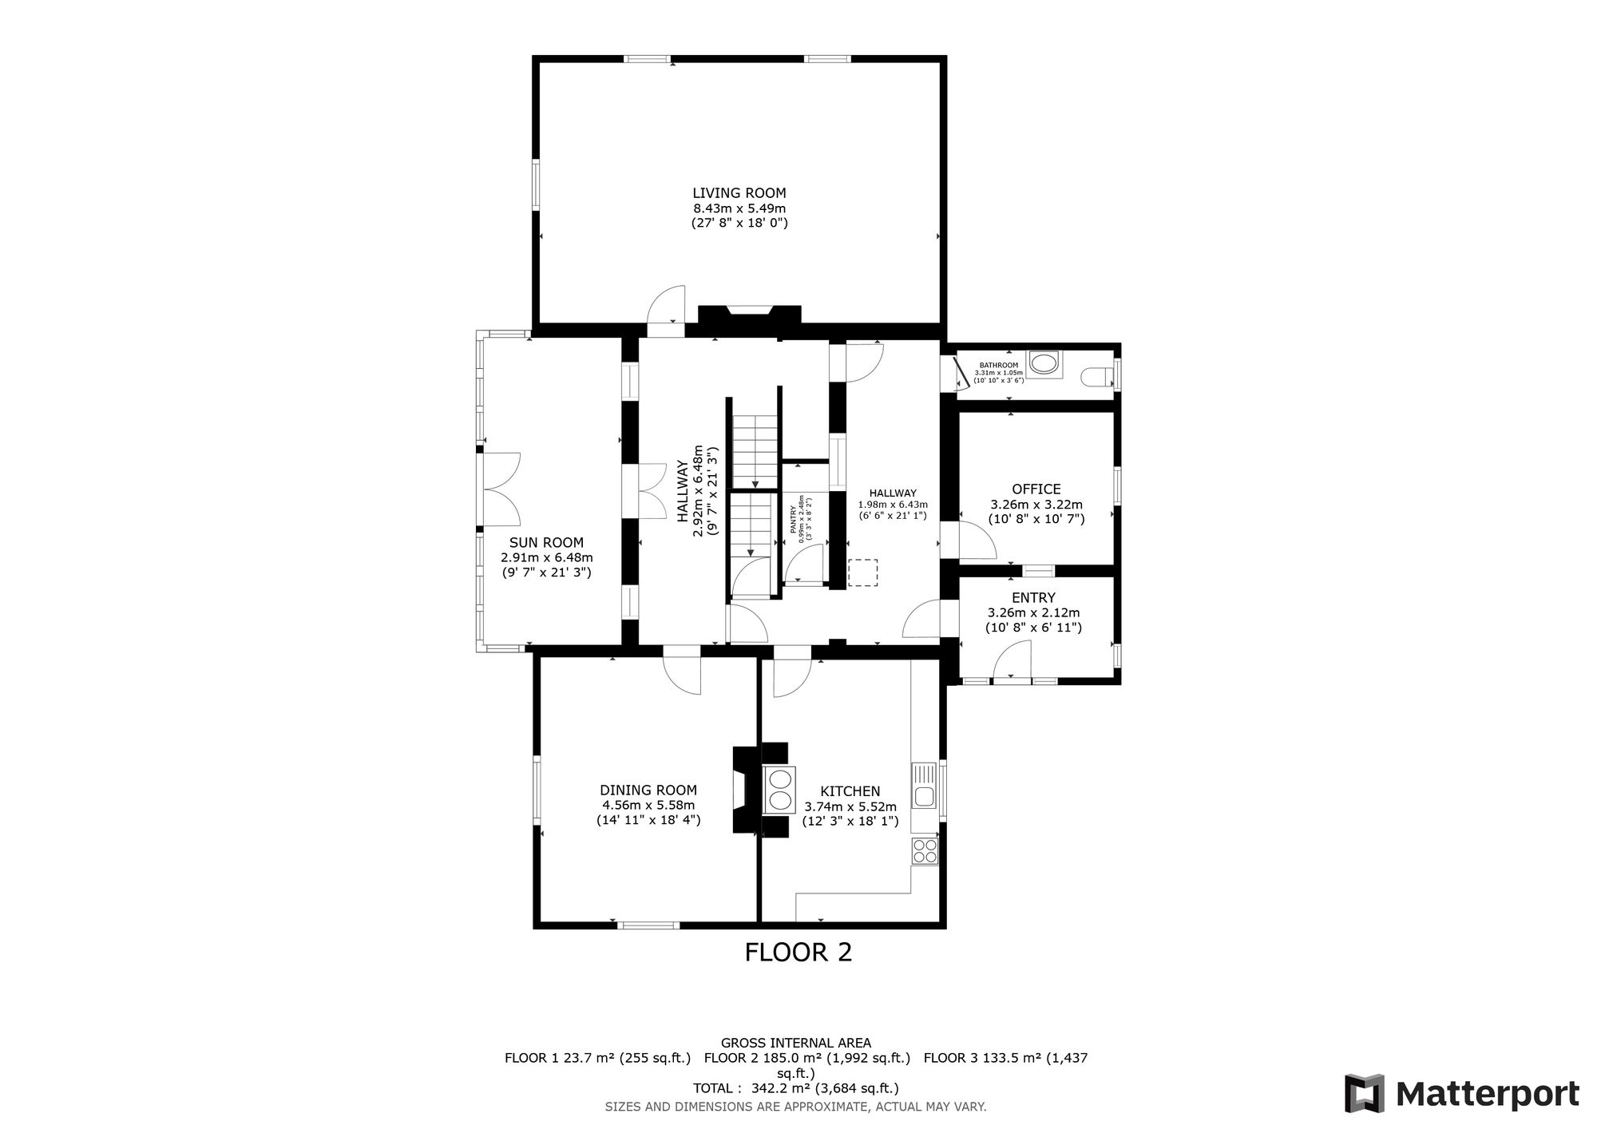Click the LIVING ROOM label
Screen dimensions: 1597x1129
[739, 193]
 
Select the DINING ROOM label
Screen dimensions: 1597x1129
[648, 790]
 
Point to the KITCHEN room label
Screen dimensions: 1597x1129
[850, 791]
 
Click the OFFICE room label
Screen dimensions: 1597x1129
[1036, 489]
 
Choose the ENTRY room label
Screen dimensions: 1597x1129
[1033, 598]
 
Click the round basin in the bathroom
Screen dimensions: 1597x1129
[1044, 364]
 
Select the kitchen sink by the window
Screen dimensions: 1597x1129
[925, 786]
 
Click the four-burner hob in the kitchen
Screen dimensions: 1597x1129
[925, 851]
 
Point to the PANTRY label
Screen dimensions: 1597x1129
[794, 520]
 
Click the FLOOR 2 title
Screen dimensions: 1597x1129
[798, 952]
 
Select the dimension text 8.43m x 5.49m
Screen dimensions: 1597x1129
[739, 208]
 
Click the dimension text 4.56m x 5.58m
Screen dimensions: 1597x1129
[648, 806]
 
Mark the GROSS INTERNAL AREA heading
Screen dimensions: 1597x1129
[796, 1043]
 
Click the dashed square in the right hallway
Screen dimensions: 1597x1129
[862, 572]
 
